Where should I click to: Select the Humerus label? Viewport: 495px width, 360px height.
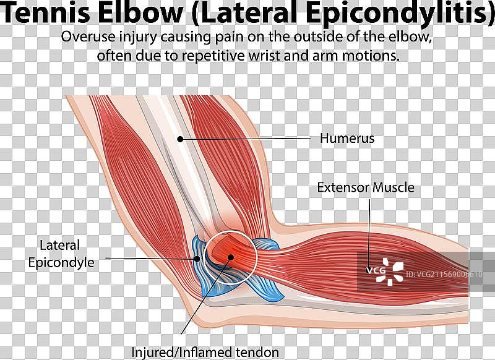(346, 139)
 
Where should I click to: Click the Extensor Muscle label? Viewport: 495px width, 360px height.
(366, 187)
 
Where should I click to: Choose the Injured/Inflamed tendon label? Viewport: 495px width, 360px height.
(205, 353)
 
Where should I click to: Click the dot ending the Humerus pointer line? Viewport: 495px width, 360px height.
(180, 139)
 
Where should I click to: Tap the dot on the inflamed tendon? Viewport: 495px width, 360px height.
(230, 257)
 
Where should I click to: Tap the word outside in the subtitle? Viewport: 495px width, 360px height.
(323, 36)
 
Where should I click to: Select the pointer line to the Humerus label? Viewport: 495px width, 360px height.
(247, 139)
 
